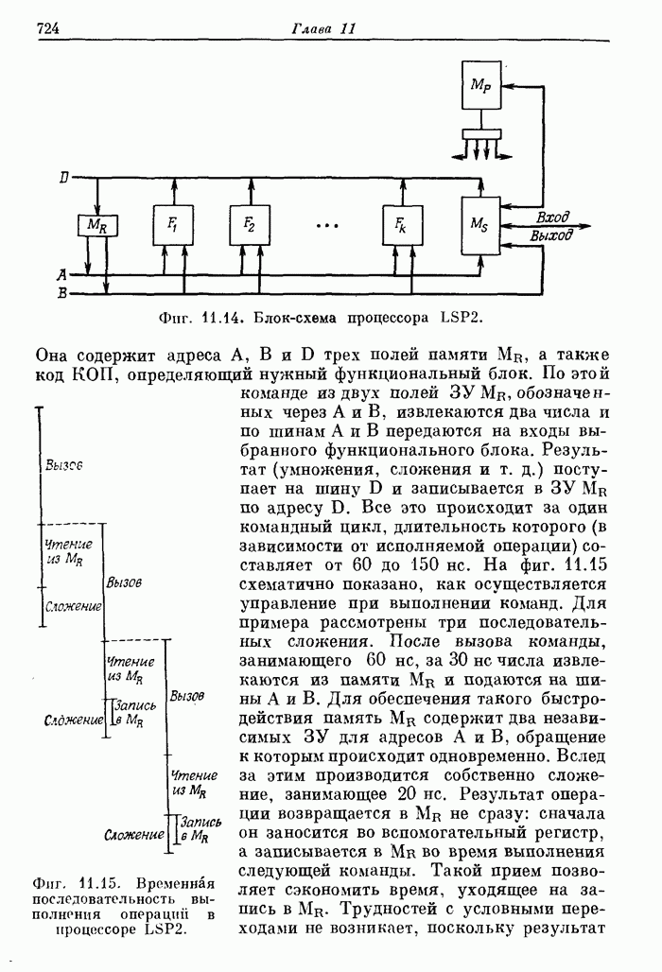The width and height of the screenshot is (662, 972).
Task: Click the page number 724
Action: click(48, 28)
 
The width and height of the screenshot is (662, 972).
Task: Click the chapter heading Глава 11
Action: click(322, 28)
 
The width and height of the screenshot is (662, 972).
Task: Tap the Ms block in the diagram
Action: click(479, 225)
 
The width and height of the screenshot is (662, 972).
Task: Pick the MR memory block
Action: click(96, 225)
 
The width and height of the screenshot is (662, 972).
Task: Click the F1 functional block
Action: click(173, 224)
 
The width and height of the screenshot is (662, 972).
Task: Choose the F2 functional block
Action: click(249, 224)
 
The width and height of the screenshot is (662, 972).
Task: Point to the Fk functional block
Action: click(401, 224)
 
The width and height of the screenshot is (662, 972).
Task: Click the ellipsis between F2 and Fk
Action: click(326, 226)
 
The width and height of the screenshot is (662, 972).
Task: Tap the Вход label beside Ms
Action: click(551, 217)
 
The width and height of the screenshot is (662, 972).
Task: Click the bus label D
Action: click(62, 178)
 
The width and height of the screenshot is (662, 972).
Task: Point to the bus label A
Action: click(61, 275)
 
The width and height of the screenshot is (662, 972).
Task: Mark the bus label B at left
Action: click(61, 293)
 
